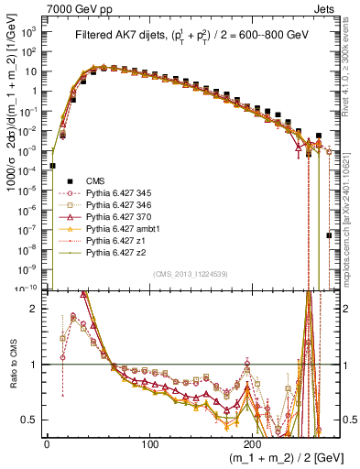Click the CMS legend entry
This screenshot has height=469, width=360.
(94, 181)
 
